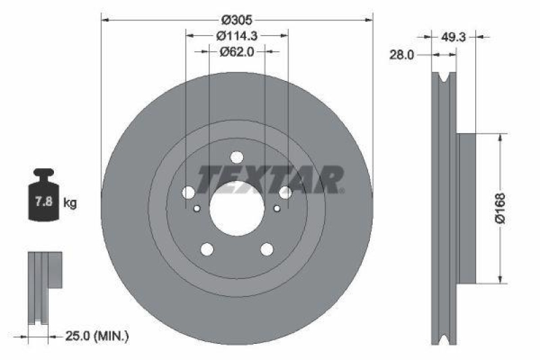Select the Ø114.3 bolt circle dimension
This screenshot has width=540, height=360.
[x=237, y=35]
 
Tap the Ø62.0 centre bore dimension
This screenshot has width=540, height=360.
[x=236, y=51]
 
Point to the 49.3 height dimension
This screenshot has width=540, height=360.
[x=454, y=38]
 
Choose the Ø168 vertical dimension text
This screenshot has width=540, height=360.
[x=500, y=208]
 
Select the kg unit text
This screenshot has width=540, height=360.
[x=70, y=202]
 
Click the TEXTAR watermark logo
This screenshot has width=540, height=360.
[x=270, y=179]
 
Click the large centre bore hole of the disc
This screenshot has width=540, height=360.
[x=236, y=207]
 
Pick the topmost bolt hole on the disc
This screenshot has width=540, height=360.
[x=236, y=157]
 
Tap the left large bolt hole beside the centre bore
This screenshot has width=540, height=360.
[x=188, y=193]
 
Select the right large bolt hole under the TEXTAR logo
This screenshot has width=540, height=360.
[x=285, y=193]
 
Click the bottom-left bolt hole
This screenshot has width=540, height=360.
[x=207, y=249]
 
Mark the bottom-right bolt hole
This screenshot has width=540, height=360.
[x=267, y=249]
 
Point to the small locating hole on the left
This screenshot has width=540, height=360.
[x=196, y=208]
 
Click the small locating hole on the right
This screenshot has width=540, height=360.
[x=277, y=208]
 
